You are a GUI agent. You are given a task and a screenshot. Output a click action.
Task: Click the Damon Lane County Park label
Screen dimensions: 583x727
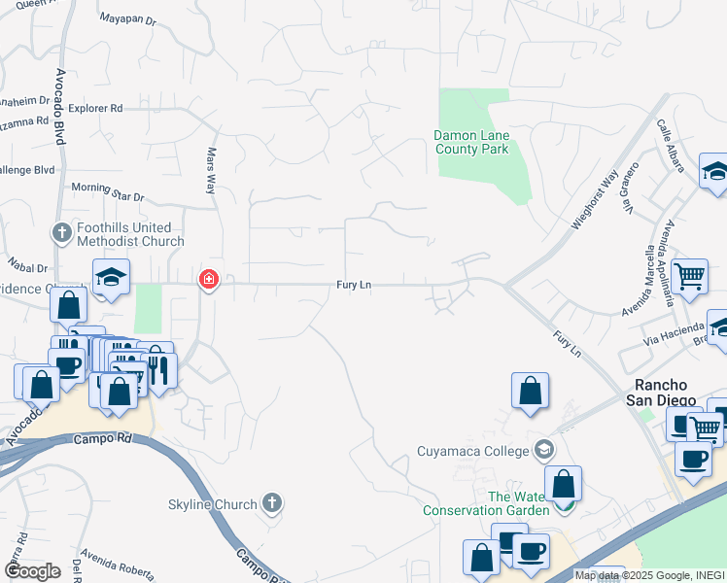click(x=471, y=143)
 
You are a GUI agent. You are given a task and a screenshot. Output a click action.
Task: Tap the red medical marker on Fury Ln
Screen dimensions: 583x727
click(x=208, y=281)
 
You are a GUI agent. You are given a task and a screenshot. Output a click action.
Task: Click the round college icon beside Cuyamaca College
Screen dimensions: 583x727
click(x=543, y=450)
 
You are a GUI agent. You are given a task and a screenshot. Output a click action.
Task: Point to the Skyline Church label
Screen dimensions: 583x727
click(x=216, y=504)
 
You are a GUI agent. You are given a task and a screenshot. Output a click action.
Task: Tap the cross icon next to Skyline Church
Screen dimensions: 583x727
click(x=273, y=503)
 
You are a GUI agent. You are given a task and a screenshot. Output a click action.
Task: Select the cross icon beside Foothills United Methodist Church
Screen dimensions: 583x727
click(x=60, y=233)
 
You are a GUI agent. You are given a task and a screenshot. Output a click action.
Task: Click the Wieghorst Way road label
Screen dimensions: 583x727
click(x=595, y=199)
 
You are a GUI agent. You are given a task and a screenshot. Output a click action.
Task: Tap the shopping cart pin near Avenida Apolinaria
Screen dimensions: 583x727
click(x=689, y=276)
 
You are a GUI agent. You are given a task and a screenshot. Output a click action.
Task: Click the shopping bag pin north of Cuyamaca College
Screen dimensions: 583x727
click(x=530, y=391)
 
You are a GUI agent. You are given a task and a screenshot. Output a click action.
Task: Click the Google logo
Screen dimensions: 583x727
click(x=32, y=571)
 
